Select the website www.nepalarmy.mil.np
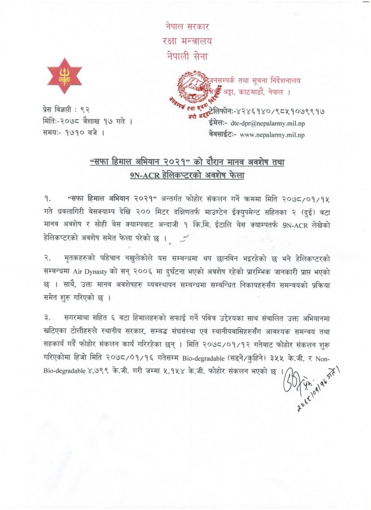[273, 134]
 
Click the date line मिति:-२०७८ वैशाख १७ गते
[88, 121]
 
